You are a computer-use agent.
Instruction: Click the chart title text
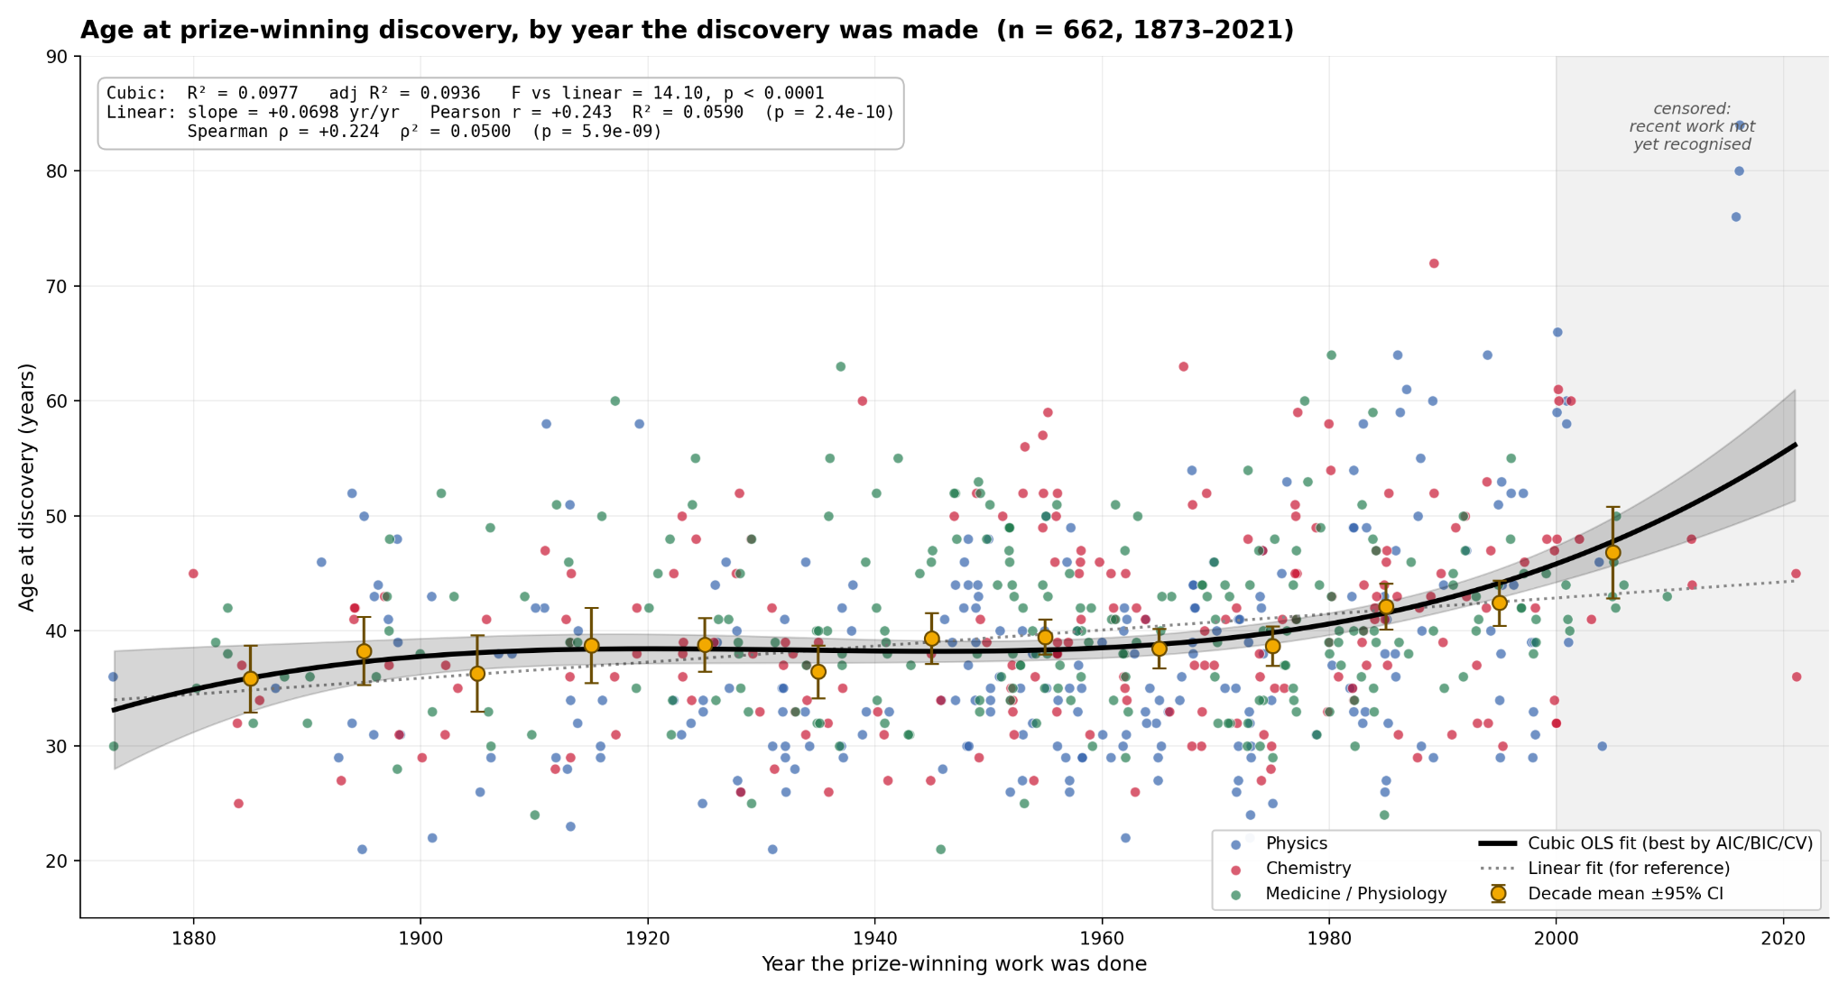click(x=687, y=31)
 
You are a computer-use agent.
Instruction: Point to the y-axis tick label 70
click(x=57, y=286)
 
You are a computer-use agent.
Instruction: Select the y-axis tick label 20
click(x=57, y=861)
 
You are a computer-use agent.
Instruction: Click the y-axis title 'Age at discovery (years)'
click(x=27, y=487)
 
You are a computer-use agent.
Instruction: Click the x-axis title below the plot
click(x=954, y=964)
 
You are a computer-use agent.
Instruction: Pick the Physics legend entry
click(x=1281, y=843)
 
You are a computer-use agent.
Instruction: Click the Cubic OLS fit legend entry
click(x=1646, y=843)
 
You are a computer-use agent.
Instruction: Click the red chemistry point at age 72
click(x=1434, y=263)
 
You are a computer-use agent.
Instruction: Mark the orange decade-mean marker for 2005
click(x=1612, y=553)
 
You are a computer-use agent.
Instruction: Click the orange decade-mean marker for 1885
click(x=251, y=679)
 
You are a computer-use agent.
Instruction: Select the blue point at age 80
click(x=1739, y=171)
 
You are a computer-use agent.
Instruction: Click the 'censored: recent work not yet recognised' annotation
click(x=1692, y=127)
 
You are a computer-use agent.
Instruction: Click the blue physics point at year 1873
click(x=113, y=676)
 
